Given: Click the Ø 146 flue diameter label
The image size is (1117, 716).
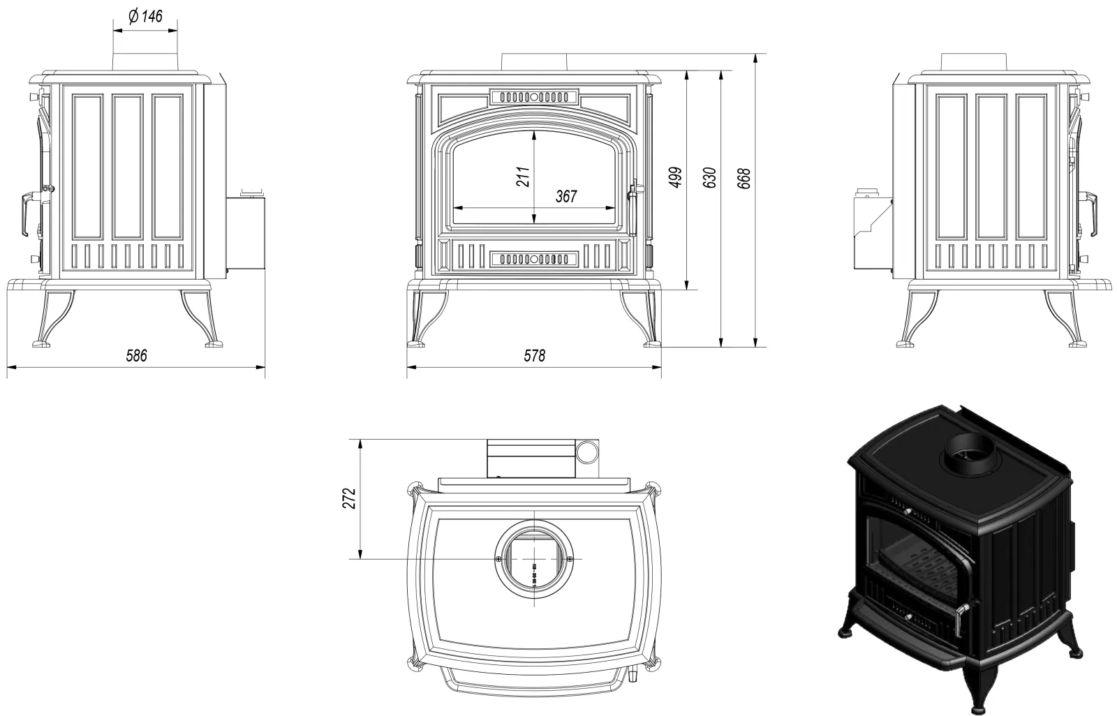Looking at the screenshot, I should [145, 16].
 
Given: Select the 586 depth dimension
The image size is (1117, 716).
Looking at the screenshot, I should [136, 355].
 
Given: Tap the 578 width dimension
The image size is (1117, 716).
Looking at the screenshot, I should [534, 355].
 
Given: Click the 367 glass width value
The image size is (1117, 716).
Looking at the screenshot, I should [566, 196].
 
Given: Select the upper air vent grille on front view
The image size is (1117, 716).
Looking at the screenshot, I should [534, 97].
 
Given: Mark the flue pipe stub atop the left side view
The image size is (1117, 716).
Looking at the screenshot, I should [145, 61].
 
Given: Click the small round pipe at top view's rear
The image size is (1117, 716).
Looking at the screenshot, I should [587, 452].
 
